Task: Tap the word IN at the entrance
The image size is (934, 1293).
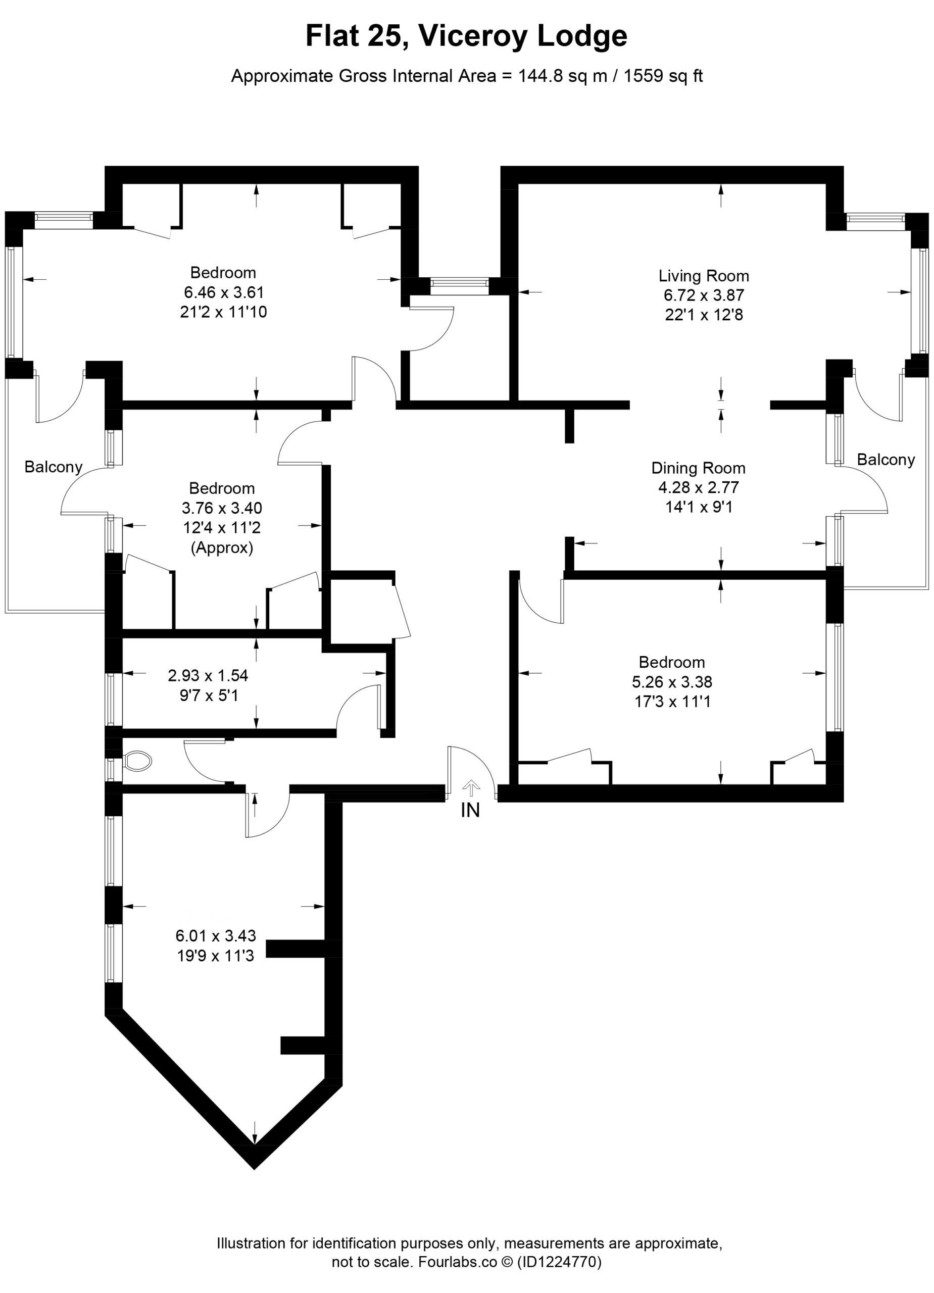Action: (x=470, y=810)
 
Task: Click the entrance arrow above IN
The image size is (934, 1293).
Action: (x=470, y=788)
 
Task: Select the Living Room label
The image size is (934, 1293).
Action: (x=704, y=276)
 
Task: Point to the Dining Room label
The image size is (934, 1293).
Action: (x=699, y=468)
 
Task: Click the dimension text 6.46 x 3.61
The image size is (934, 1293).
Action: (x=223, y=292)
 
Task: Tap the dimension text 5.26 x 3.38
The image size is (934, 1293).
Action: (x=672, y=682)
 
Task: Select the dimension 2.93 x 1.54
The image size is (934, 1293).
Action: (x=208, y=676)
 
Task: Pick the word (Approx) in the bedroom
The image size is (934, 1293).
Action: (x=222, y=548)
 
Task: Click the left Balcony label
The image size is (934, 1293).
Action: (x=54, y=467)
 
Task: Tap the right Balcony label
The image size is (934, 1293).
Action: (x=886, y=460)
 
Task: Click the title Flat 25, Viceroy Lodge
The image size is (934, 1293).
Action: (x=466, y=36)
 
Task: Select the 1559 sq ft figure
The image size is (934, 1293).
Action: (x=663, y=76)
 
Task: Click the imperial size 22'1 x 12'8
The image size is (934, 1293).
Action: (x=704, y=315)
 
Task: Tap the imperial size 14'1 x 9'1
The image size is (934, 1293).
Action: (x=699, y=507)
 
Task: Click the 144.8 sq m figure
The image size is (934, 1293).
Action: (x=562, y=76)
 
